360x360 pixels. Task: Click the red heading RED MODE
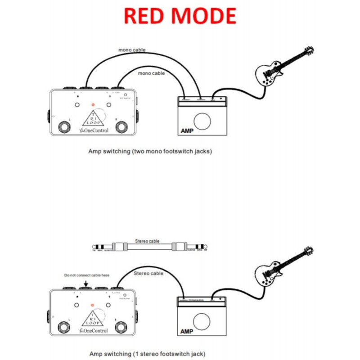coord(180,16)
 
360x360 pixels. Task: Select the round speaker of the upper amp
coord(202,121)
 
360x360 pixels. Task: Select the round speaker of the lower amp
coord(202,321)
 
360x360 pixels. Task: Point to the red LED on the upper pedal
coord(93,105)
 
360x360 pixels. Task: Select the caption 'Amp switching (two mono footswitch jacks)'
coord(150,152)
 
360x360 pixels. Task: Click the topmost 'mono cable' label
coord(132,50)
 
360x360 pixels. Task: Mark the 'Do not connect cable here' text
coord(86,274)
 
